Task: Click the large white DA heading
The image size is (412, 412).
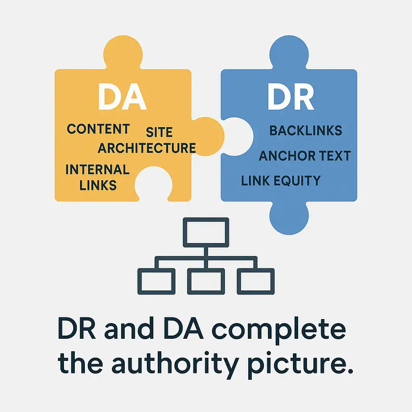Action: (x=122, y=97)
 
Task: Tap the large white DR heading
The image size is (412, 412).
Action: (x=290, y=97)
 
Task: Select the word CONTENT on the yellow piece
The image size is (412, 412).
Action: (x=98, y=129)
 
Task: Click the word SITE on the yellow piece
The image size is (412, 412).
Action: (x=159, y=132)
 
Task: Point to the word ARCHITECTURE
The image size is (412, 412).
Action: (x=146, y=148)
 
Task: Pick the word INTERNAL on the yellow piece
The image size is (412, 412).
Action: (x=97, y=169)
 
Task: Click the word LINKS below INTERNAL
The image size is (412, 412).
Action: (x=98, y=185)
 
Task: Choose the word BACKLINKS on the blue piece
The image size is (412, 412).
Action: (x=305, y=130)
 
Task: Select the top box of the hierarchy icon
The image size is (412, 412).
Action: (x=206, y=232)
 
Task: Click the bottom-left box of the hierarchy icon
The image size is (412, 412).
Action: (x=156, y=281)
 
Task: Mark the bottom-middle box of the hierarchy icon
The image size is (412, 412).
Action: (x=206, y=281)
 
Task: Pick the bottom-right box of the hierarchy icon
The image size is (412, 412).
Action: (x=256, y=281)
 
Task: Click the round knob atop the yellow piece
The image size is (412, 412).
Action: (x=123, y=55)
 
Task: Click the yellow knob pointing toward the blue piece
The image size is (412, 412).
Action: (x=209, y=136)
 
